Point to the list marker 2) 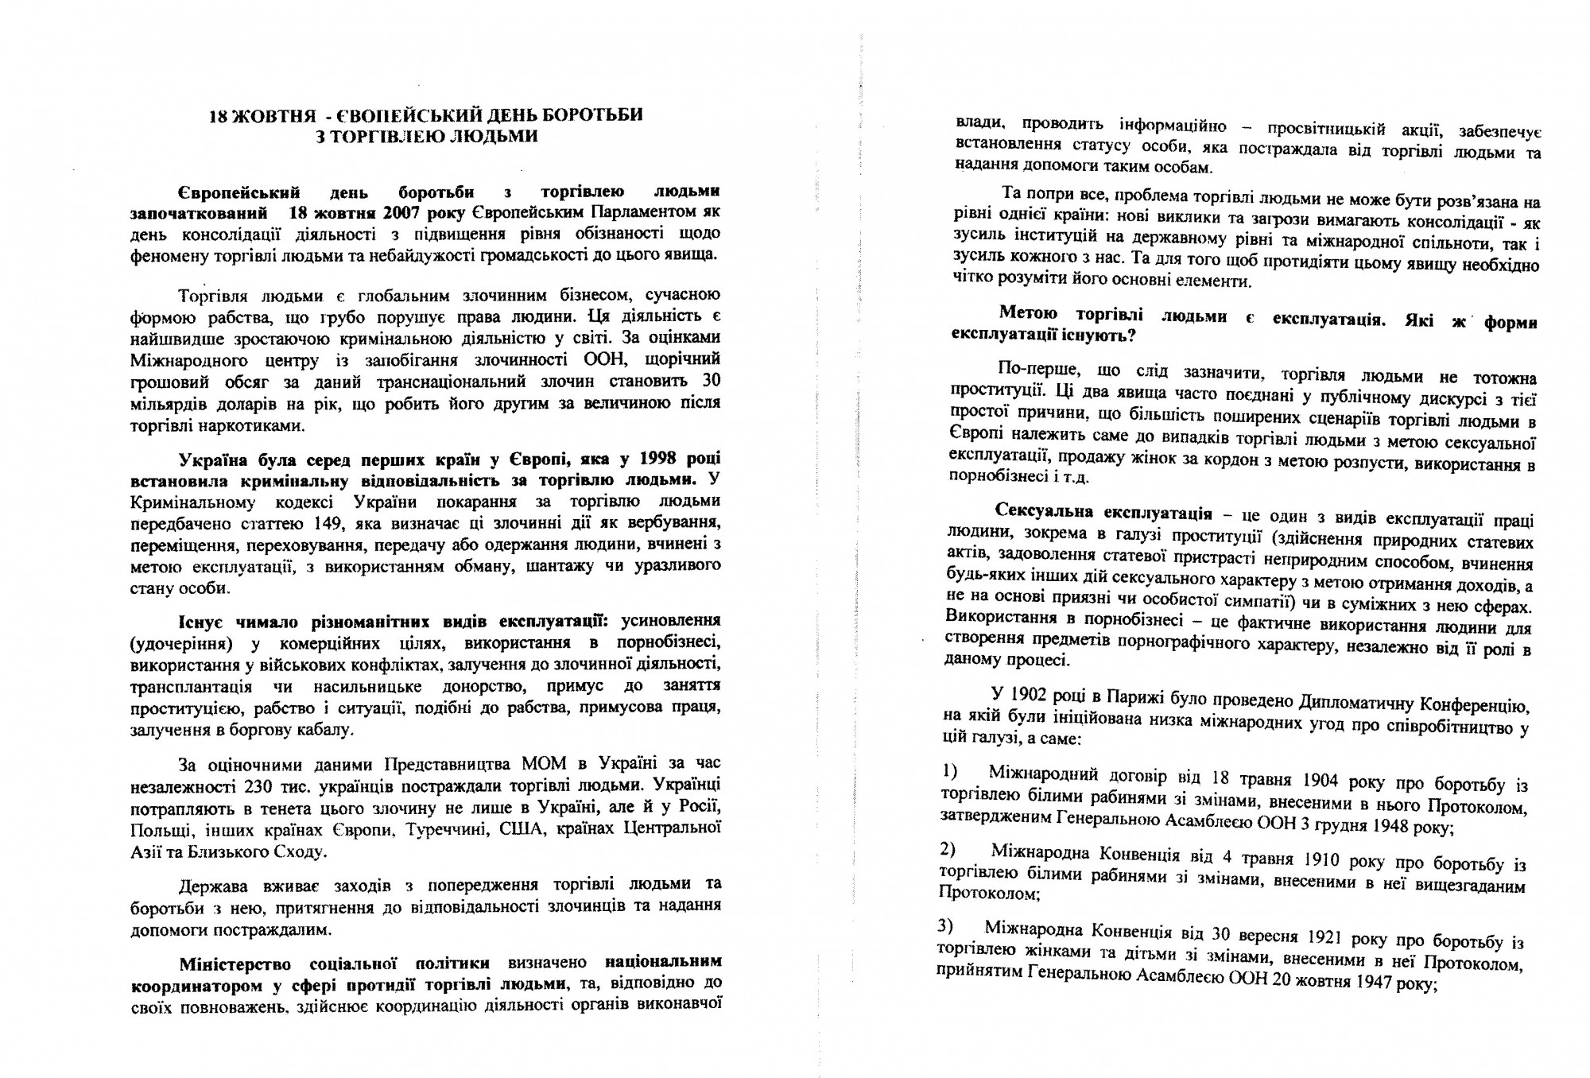(948, 848)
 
